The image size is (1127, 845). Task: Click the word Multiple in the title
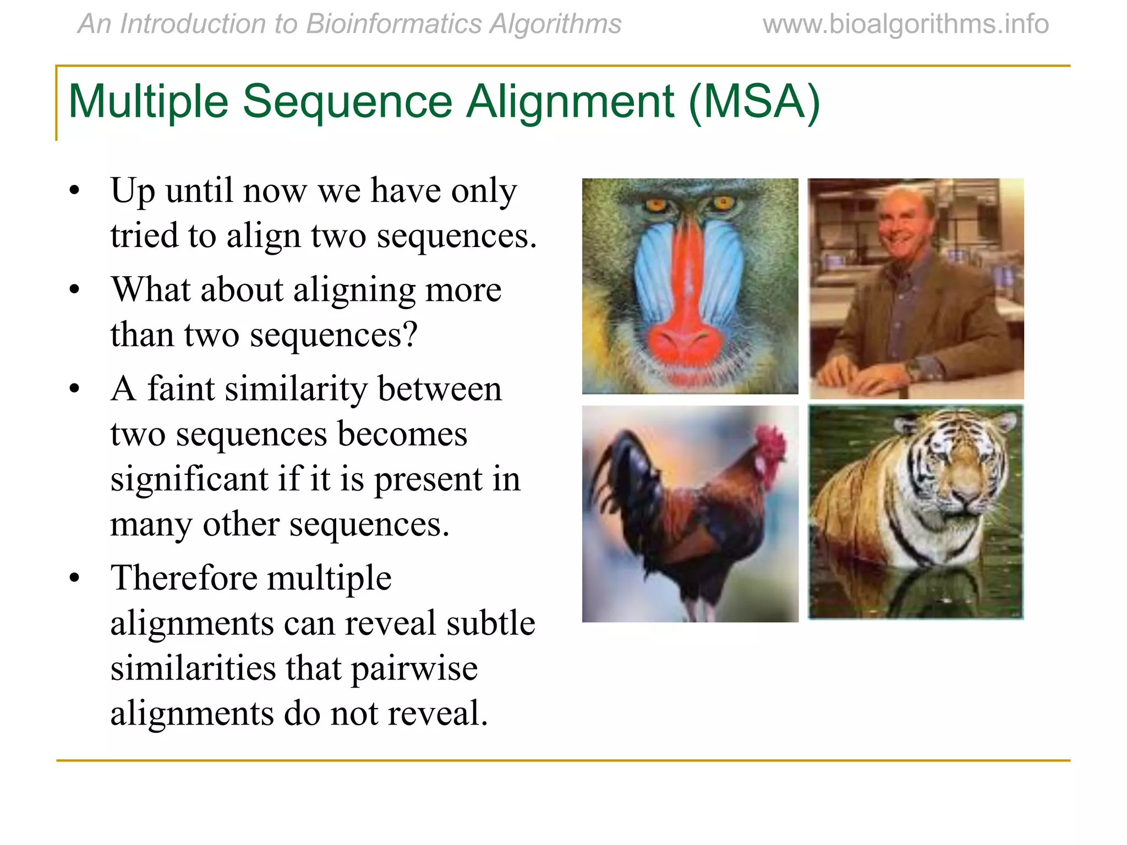coord(148,102)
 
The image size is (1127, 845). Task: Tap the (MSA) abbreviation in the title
coord(754,102)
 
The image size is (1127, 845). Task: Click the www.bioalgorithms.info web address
coord(906,24)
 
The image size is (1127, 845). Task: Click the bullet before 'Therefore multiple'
coord(75,579)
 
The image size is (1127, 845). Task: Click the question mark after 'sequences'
coord(409,334)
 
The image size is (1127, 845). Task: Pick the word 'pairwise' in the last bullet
coord(414,669)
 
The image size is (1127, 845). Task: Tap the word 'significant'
coord(189,479)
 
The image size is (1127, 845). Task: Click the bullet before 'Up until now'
coord(75,191)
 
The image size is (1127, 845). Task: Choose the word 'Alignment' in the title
coord(570,102)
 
